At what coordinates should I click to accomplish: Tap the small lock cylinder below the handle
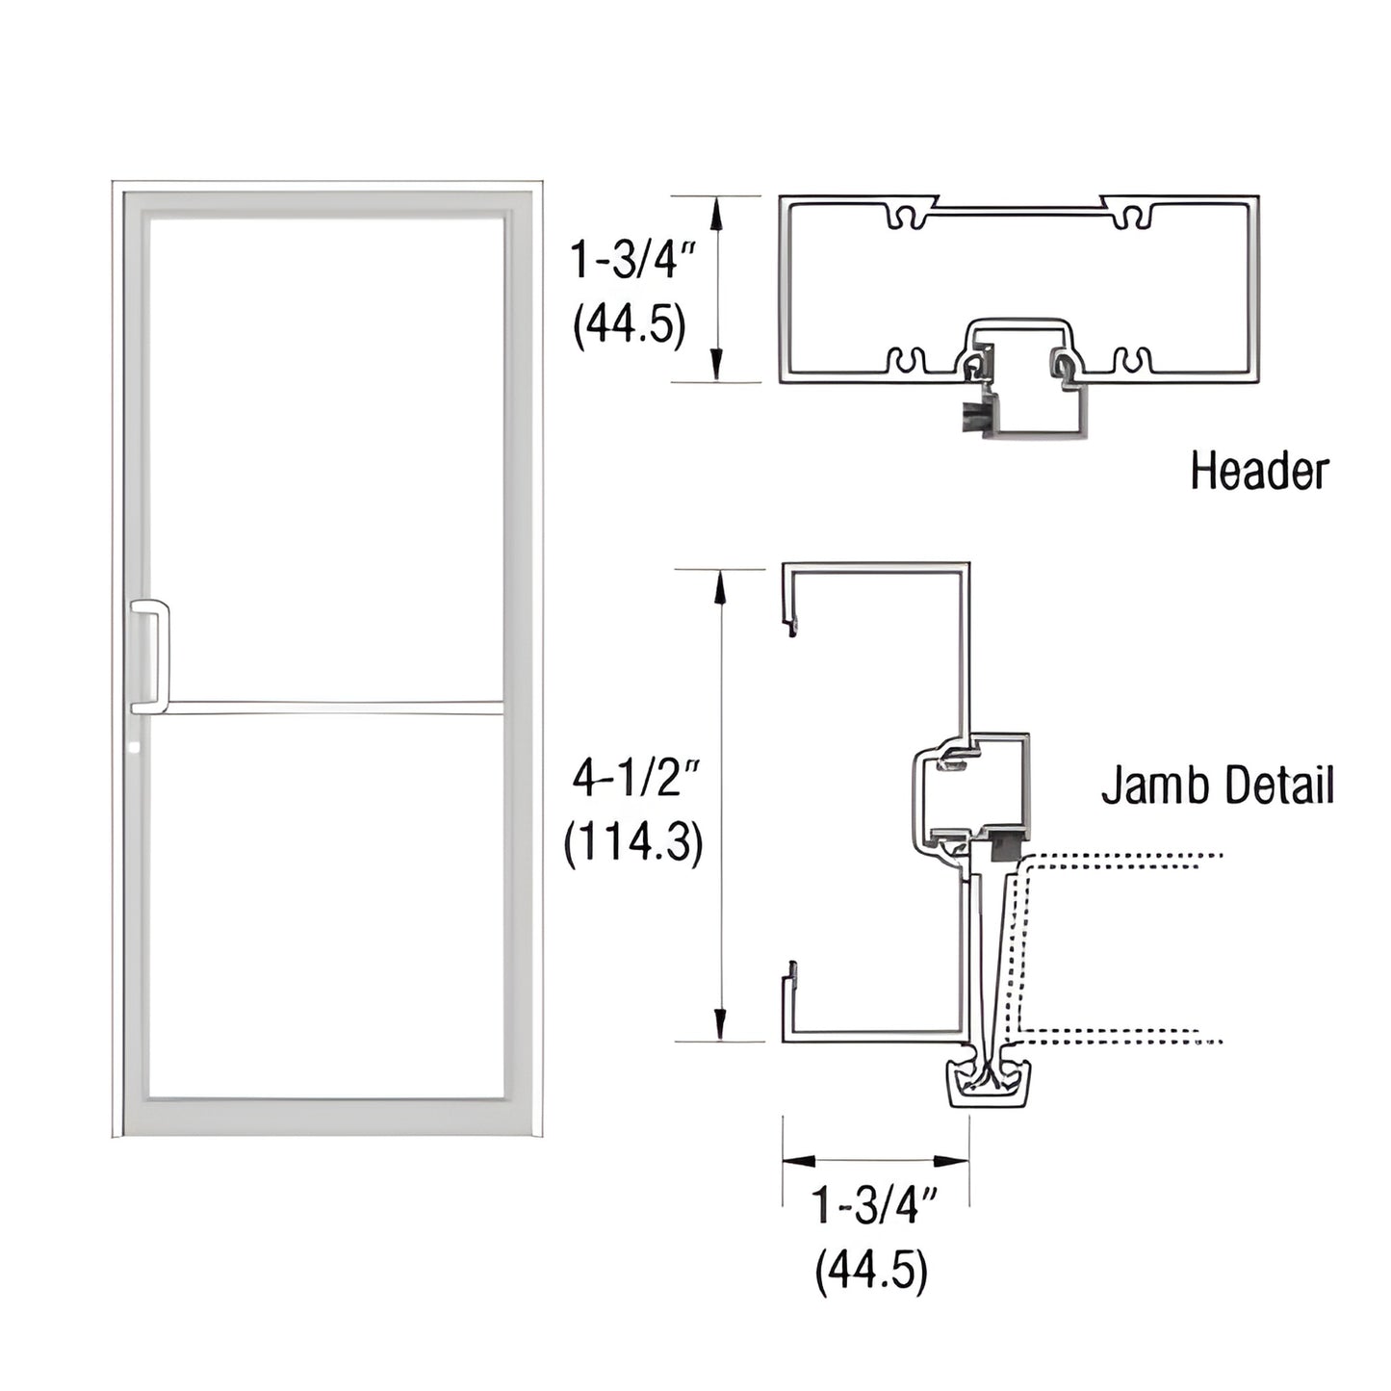click(x=134, y=746)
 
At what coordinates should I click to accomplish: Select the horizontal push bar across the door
click(x=332, y=708)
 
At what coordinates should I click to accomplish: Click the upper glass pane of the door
click(x=327, y=452)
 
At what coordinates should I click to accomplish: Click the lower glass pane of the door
click(x=327, y=905)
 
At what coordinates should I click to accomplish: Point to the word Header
click(x=1258, y=471)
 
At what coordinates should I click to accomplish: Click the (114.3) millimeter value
click(x=633, y=843)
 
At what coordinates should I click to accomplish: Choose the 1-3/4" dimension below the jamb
click(x=874, y=1205)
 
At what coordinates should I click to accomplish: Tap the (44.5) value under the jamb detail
click(x=871, y=1271)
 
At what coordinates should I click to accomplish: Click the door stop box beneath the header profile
click(x=1035, y=404)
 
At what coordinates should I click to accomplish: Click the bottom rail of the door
click(x=327, y=1117)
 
